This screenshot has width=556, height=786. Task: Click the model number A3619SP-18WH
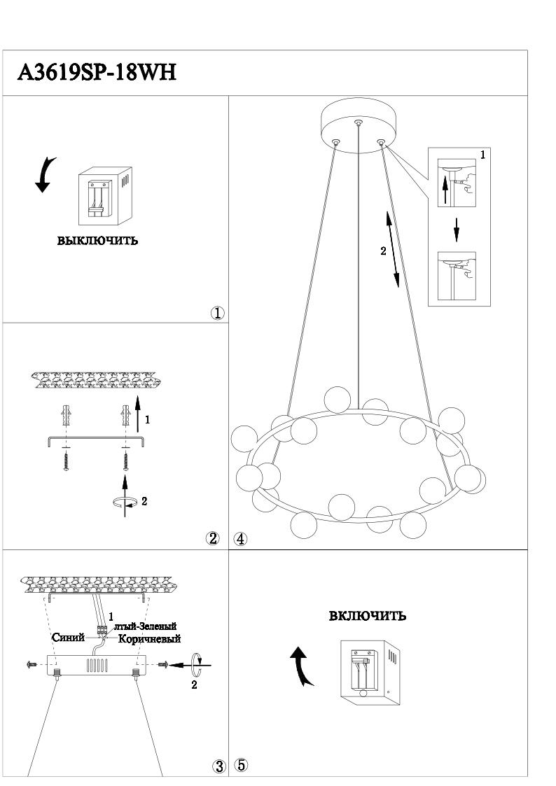point(97,72)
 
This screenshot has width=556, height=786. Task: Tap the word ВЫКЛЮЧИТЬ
point(97,241)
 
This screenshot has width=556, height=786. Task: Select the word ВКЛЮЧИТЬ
point(368,616)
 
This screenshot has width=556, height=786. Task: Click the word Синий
point(69,638)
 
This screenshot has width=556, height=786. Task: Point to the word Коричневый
point(150,639)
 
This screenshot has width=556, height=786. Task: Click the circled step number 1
point(218,313)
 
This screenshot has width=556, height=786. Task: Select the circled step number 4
point(240,539)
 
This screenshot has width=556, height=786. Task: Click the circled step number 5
point(240,766)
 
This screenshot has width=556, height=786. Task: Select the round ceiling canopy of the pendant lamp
point(359,125)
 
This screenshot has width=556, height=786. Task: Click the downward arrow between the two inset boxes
point(457,229)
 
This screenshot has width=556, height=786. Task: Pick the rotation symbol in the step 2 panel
point(125,501)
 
